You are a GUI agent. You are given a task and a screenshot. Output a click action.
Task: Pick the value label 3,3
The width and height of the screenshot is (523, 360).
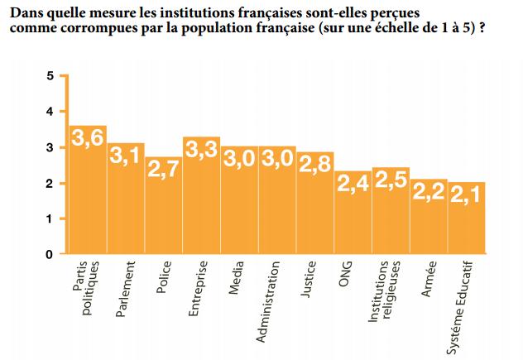(201, 150)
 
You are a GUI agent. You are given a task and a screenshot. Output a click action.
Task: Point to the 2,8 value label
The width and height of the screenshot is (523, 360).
(314, 164)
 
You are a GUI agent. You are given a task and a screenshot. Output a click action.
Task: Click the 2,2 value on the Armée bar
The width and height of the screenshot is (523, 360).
(429, 191)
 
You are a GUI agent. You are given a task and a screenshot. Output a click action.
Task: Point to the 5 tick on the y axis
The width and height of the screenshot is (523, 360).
(50, 76)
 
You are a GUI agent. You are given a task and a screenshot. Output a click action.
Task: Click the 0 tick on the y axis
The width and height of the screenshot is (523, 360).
(50, 254)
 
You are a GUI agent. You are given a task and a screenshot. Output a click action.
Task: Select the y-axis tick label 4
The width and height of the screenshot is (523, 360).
(50, 112)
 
